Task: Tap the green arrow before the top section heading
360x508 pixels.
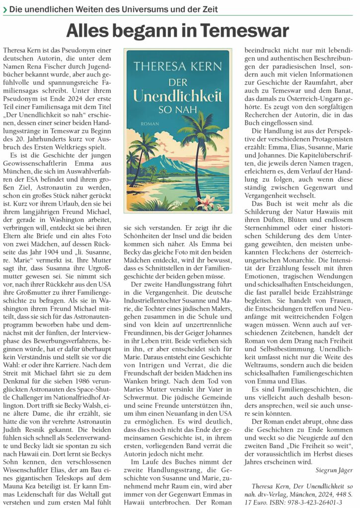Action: [4, 9]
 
